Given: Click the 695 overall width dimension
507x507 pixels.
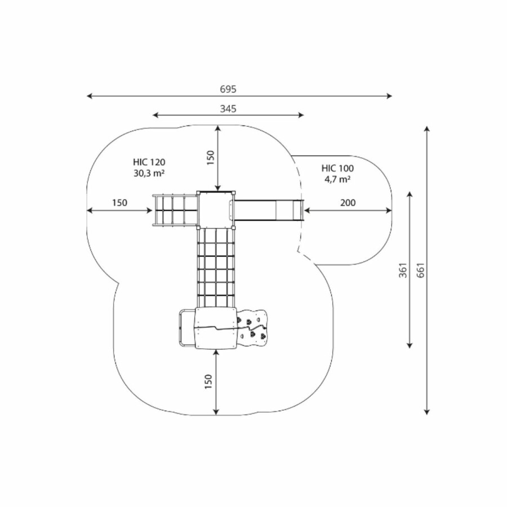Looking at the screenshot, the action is [228, 89].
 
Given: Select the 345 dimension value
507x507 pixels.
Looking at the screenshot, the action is [228, 109].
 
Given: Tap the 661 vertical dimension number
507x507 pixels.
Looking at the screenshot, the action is [420, 270].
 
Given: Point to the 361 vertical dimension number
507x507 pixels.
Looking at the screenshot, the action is [403, 270].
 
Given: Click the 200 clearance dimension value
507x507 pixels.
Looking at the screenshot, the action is [348, 203].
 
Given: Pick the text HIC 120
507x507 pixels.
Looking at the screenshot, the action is [149, 162].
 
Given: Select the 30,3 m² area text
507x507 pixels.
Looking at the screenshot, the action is [149, 174].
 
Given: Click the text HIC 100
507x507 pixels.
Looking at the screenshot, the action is [337, 168].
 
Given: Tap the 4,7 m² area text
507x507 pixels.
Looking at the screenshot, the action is [337, 179].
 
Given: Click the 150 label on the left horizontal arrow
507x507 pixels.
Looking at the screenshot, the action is [119, 203].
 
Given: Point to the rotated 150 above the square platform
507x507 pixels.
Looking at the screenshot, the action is [211, 158].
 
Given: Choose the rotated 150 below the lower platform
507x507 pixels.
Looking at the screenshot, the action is [208, 382].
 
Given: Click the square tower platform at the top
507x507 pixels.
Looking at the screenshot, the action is [216, 210].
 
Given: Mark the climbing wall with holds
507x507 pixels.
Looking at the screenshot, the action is [252, 328].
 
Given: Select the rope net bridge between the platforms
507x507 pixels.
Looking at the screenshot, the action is [215, 268].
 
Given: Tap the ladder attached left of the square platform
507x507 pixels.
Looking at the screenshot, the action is [175, 211].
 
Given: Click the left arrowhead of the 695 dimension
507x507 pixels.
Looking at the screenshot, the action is [90, 96].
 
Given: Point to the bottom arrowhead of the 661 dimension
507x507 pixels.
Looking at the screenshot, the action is [427, 412].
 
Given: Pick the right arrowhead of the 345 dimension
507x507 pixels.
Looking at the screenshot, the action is [301, 115].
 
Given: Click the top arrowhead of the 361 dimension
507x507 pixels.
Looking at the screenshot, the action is [410, 194].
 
